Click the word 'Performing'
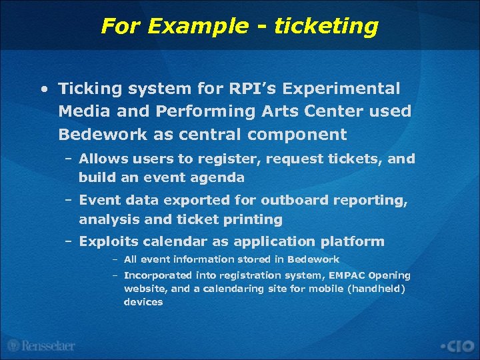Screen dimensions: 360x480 click(201, 111)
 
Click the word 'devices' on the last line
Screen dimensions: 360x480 click(143, 302)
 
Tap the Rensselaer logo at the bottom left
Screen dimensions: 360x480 click(41, 345)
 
